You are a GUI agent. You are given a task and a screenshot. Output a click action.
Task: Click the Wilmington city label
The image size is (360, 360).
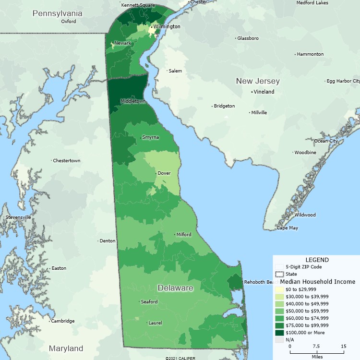point(167,26)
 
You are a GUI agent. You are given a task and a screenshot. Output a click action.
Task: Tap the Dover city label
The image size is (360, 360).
point(164,173)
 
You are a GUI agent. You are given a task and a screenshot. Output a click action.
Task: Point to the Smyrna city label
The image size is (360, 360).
point(151,137)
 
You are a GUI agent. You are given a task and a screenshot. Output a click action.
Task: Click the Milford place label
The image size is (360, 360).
point(183,235)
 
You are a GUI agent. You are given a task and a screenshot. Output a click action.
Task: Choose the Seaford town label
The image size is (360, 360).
point(149,302)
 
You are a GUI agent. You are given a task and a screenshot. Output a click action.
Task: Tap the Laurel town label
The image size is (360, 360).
point(155,323)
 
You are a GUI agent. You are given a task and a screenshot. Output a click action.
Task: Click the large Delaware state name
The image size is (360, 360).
point(175,288)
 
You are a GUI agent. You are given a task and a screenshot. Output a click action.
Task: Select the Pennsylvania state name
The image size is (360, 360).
point(57,13)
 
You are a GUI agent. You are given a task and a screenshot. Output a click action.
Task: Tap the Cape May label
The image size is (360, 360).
point(287,228)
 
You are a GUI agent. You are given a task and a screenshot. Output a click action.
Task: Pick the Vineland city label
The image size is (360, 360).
point(264,92)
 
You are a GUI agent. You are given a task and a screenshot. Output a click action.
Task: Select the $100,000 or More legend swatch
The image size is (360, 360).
point(279,333)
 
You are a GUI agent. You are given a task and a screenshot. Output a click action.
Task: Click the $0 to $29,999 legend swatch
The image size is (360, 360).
point(279,289)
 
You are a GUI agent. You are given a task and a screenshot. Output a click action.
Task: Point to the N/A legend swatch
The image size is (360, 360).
point(279,340)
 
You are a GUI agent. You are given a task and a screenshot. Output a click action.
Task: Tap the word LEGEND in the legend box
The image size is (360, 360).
point(317,260)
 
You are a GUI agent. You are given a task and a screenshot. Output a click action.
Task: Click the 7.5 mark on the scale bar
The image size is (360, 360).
point(316,346)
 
